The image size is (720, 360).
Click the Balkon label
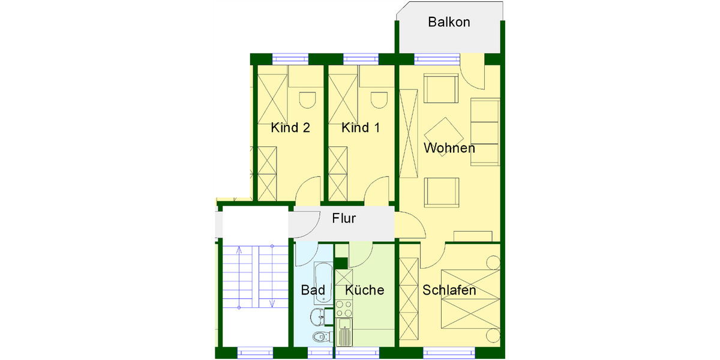449,23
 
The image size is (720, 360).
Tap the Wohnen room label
449,148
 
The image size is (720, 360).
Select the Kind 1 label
360,128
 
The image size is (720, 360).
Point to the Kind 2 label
290,128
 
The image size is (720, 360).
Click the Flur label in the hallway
344,218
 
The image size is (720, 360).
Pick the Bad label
313,290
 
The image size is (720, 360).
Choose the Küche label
365,290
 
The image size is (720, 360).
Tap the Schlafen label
449,290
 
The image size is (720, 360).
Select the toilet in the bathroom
318,338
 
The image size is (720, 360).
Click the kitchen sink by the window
344,332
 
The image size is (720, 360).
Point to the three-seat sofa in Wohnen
485,133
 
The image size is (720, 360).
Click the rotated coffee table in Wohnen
443,136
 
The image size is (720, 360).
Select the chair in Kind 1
378,99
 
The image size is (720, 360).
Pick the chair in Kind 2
307,99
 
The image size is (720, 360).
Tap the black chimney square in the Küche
341,263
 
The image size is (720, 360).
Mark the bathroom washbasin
318,316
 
